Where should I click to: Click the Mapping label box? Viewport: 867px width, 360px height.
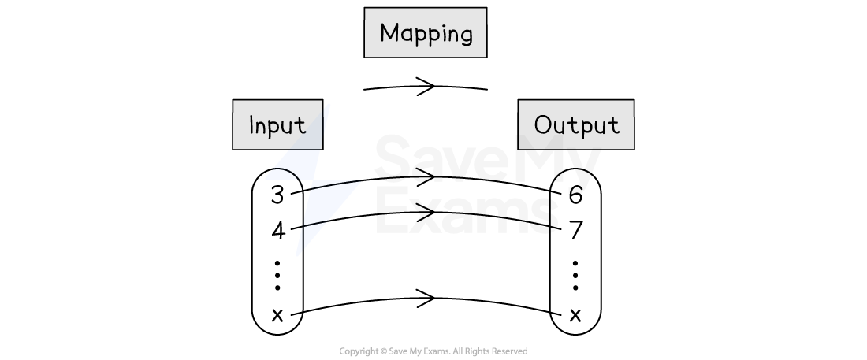pyautogui.click(x=425, y=33)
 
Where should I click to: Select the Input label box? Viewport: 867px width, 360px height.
pyautogui.click(x=277, y=124)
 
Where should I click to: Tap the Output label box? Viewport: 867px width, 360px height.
pyautogui.click(x=575, y=124)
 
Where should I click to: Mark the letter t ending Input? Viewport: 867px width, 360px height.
pyautogui.click(x=300, y=125)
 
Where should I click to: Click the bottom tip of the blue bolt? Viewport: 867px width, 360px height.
pyautogui.click(x=297, y=254)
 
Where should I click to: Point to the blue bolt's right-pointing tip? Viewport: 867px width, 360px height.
pyautogui.click(x=359, y=182)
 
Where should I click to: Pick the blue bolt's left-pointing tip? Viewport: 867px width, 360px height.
pyautogui.click(x=266, y=178)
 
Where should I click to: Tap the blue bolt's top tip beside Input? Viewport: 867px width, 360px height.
pyautogui.click(x=329, y=105)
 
